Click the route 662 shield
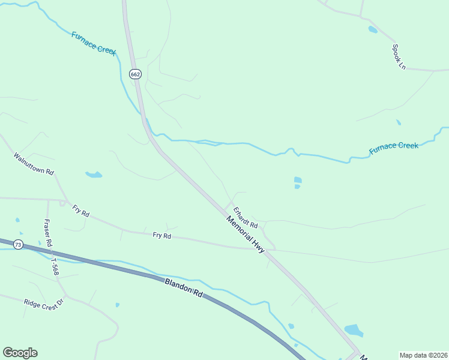tap(135, 74)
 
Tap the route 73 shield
tap(19, 245)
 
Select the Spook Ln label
tap(399, 56)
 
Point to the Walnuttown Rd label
tap(34, 164)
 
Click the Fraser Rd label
tap(48, 234)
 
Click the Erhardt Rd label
tap(246, 217)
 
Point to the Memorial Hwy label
tap(246, 235)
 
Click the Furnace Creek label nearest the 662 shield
tap(94, 43)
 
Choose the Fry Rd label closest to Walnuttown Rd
tap(80, 211)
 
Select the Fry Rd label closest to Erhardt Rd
tap(162, 236)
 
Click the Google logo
tap(20, 353)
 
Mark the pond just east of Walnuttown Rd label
tap(94, 175)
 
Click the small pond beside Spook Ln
tap(373, 29)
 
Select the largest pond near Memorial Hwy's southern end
tap(354, 331)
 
